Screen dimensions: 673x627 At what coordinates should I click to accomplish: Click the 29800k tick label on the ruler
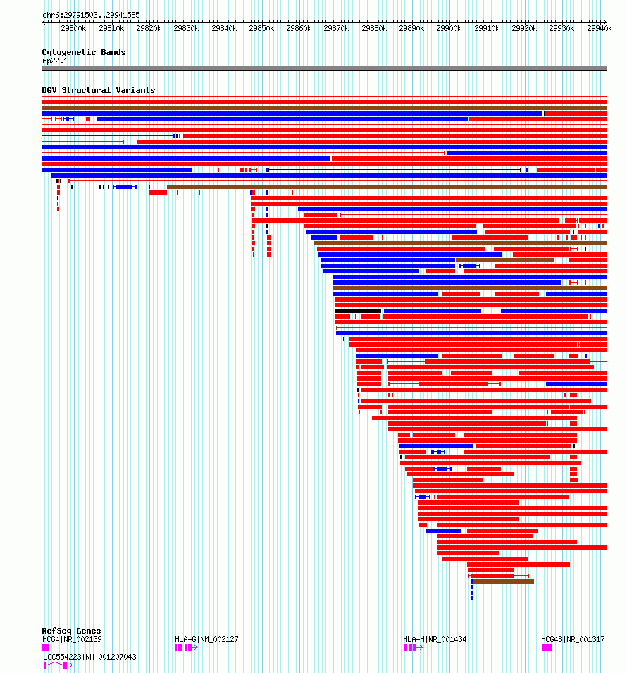[x=73, y=29]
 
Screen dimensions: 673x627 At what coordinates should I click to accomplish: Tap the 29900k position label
[x=449, y=29]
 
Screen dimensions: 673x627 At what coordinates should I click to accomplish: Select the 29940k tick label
[x=599, y=29]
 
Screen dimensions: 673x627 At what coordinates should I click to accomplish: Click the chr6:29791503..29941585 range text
[x=91, y=15]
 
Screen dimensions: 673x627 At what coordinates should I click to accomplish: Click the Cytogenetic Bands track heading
[x=83, y=52]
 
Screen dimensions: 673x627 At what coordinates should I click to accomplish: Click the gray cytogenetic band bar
[x=324, y=68]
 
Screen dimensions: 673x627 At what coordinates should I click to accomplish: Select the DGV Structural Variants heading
[x=98, y=90]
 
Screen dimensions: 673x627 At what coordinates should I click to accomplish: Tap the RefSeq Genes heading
[x=71, y=631]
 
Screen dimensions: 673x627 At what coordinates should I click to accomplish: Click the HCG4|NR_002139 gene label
[x=72, y=639]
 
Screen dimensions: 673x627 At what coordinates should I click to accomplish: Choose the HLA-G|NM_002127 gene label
[x=206, y=639]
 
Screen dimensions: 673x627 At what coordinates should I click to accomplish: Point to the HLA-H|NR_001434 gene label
[x=435, y=639]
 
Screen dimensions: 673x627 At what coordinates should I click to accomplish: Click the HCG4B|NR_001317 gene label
[x=573, y=639]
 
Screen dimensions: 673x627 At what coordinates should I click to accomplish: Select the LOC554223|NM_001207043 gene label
[x=89, y=657]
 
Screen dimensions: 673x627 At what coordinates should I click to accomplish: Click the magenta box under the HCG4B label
[x=547, y=648]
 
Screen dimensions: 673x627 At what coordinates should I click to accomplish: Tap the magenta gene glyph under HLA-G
[x=185, y=648]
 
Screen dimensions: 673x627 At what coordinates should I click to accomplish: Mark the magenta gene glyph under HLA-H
[x=411, y=648]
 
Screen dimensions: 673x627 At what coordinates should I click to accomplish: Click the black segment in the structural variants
[x=358, y=311]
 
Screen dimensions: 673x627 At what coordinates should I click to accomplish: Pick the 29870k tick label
[x=336, y=29]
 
